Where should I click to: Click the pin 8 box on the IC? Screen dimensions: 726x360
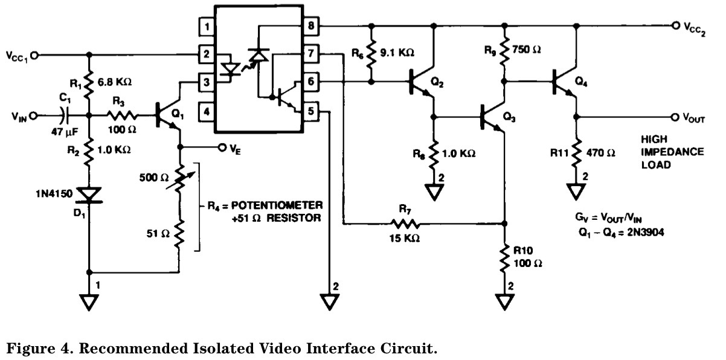point(311,26)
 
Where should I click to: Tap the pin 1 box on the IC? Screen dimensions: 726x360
point(207,27)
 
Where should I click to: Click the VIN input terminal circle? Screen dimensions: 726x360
point(33,115)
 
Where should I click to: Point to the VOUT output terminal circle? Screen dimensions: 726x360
point(675,117)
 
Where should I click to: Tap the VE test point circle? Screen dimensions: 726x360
point(222,148)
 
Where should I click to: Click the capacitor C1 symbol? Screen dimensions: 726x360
point(65,115)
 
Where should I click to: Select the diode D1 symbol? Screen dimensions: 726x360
point(89,195)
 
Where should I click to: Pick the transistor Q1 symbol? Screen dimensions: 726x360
point(167,114)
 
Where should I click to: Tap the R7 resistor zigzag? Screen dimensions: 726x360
point(405,223)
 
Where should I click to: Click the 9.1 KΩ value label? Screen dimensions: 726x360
point(397,53)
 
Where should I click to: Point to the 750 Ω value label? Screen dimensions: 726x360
point(527,50)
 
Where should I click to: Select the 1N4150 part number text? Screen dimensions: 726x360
point(54,194)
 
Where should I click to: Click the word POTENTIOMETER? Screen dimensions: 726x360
point(277,205)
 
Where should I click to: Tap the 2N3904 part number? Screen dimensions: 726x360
point(646,233)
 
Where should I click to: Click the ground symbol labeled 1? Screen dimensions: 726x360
point(89,302)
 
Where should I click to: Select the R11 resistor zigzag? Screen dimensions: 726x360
point(576,153)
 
